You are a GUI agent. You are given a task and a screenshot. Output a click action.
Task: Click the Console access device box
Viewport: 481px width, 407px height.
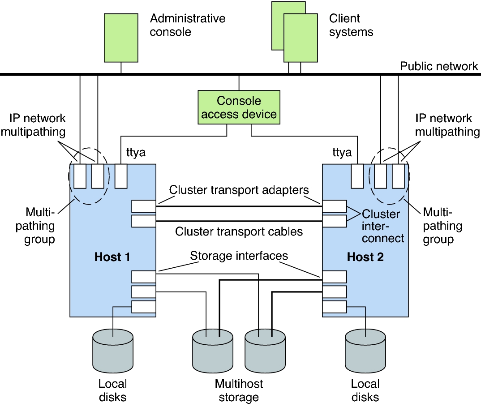239,107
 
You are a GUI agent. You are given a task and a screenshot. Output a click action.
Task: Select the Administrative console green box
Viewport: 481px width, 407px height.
121,38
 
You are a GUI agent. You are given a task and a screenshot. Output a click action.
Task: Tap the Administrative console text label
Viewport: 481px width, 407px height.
188,25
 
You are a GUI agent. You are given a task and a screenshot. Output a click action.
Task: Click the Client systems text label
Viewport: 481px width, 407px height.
351,25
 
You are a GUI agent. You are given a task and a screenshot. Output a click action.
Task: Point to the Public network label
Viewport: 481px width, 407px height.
439,66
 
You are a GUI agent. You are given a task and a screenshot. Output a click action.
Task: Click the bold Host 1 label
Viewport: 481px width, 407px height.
112,257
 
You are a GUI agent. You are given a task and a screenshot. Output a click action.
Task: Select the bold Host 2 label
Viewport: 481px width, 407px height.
365,257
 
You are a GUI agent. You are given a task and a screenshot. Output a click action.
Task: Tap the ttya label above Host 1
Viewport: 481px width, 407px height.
133,153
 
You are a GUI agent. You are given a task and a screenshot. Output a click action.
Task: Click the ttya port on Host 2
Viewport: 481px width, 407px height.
357,176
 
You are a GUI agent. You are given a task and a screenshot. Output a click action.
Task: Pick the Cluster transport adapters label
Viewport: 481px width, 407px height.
239,190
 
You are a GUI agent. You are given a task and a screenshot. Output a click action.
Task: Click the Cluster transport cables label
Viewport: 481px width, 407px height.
239,231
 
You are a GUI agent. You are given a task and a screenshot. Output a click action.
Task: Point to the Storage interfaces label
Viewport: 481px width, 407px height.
239,256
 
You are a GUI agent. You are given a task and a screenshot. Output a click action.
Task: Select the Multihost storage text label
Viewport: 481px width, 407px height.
239,390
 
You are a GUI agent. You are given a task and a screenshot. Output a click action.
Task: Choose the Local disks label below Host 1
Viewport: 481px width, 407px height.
112,390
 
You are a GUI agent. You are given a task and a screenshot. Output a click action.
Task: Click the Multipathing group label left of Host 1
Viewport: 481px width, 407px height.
40,225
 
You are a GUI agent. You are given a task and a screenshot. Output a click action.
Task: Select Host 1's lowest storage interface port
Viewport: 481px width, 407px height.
144,307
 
